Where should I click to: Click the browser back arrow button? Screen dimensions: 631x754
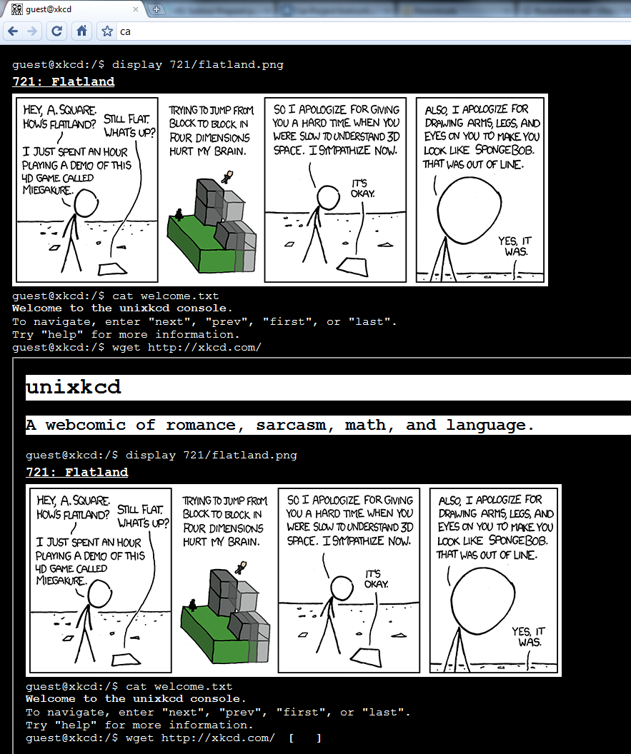[x=13, y=31]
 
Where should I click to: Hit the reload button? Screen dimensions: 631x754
[x=56, y=31]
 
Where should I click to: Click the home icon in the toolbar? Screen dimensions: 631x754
[x=82, y=31]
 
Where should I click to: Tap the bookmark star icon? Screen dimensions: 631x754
[x=107, y=31]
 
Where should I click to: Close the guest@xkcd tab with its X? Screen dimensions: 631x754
[x=136, y=9]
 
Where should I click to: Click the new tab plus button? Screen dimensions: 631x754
[x=156, y=9]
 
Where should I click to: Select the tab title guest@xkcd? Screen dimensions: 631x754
[x=49, y=9]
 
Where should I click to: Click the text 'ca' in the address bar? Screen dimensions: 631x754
[x=125, y=31]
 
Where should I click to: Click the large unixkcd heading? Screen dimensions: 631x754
[x=73, y=387]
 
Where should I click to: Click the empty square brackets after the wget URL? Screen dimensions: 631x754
[x=305, y=738]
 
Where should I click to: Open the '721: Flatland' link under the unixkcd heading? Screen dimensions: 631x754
[x=77, y=472]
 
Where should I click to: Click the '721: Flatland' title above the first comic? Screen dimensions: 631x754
[x=64, y=81]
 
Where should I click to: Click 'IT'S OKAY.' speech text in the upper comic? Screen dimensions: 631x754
[x=362, y=188]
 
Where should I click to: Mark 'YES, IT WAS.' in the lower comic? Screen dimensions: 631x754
[x=528, y=637]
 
